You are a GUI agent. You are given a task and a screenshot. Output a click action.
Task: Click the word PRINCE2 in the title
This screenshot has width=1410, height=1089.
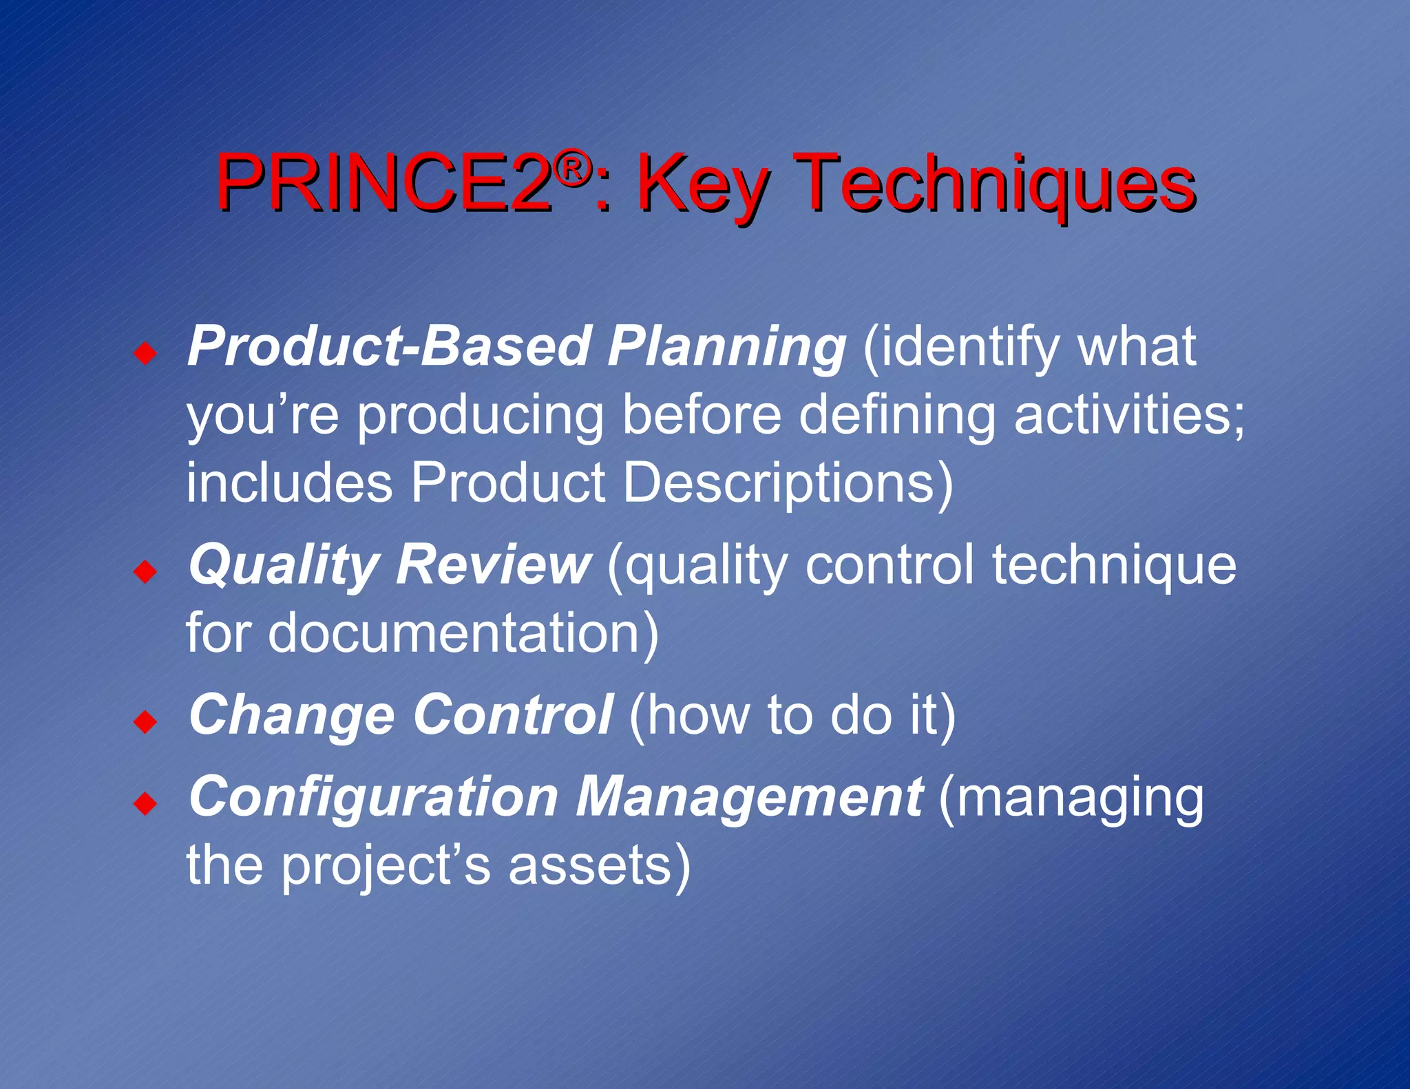click(x=383, y=183)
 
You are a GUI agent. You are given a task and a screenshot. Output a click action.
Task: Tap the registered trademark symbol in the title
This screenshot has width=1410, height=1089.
click(x=572, y=168)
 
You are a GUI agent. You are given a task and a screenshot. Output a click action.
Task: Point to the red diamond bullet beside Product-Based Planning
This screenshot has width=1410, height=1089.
click(x=145, y=355)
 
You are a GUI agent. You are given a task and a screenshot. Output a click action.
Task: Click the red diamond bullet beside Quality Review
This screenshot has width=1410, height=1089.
click(x=145, y=571)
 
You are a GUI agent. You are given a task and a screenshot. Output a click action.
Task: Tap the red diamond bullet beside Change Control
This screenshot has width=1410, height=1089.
click(x=145, y=722)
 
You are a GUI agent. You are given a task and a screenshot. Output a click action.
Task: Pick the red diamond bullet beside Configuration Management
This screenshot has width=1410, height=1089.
click(x=145, y=803)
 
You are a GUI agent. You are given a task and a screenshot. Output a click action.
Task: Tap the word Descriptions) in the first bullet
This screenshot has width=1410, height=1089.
click(x=788, y=483)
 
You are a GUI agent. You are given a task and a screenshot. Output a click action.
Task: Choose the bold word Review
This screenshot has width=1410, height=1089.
click(x=492, y=565)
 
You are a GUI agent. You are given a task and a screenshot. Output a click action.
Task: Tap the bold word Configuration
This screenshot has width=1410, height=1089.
click(x=372, y=798)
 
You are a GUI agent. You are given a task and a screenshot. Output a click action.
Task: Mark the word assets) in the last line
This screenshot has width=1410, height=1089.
click(x=599, y=865)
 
